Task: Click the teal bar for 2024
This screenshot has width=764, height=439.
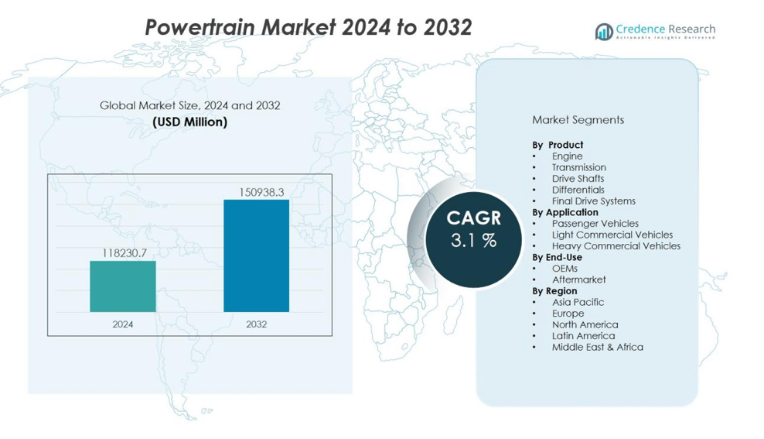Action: click(122, 286)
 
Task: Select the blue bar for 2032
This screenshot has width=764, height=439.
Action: click(256, 256)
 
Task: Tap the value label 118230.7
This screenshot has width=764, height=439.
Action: click(124, 252)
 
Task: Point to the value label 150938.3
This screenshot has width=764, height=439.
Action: click(256, 191)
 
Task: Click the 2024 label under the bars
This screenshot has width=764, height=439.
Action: click(122, 324)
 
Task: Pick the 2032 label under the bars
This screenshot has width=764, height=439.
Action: click(256, 324)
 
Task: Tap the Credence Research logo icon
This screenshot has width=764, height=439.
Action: click(603, 31)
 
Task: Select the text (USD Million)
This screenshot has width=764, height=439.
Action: click(189, 122)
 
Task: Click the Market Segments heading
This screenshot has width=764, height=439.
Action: click(578, 120)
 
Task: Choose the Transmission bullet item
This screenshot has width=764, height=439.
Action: click(578, 167)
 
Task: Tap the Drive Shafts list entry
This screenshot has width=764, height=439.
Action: click(578, 178)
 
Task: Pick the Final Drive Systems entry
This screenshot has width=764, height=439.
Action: click(593, 201)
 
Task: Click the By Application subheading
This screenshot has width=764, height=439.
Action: click(564, 212)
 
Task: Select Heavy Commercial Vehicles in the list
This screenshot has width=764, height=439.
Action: click(616, 245)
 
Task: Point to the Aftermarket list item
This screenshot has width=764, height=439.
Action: click(578, 280)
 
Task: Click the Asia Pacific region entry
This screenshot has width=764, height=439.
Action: click(578, 302)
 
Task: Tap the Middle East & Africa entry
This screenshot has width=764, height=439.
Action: click(597, 347)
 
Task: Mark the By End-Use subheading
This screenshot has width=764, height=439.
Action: click(557, 257)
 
